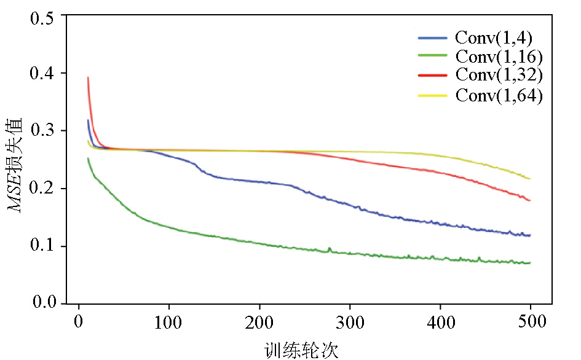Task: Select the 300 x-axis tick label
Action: coord(350,321)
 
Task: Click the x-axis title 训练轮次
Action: coord(301,350)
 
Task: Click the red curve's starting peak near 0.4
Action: coord(88,78)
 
